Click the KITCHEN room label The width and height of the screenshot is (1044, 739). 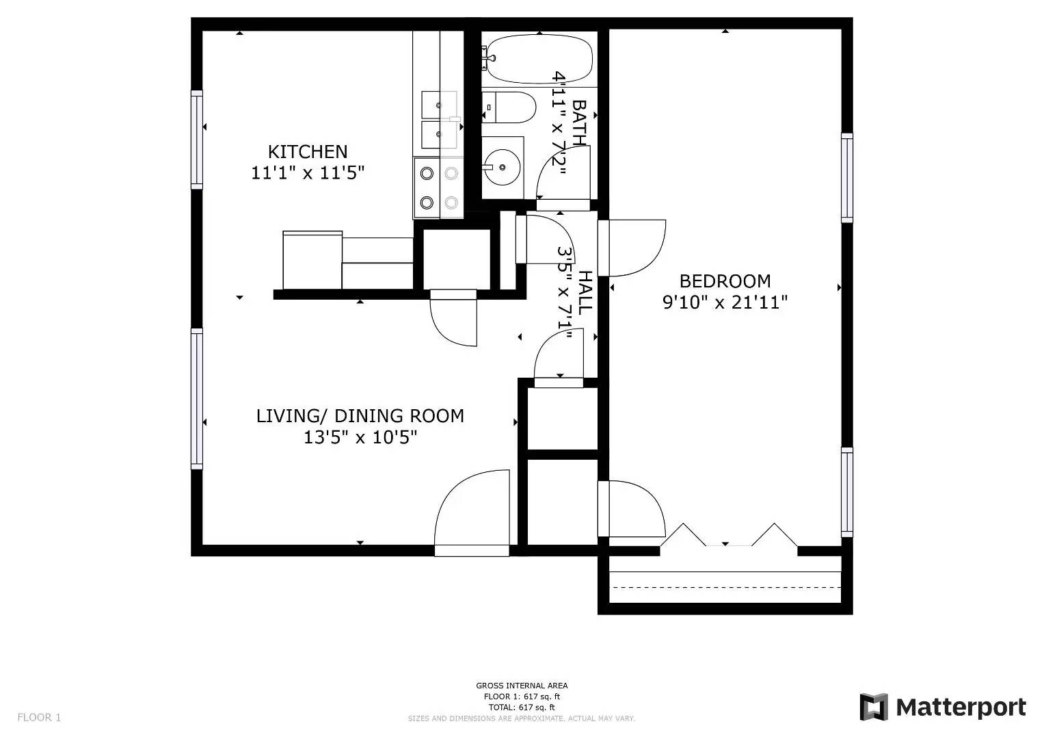[x=307, y=151]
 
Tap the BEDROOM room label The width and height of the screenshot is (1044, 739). [x=725, y=281]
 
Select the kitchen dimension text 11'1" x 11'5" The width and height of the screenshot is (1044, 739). [x=307, y=172]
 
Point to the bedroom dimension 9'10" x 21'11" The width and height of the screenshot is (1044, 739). [x=725, y=302]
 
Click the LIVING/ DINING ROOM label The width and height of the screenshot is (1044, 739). [x=360, y=415]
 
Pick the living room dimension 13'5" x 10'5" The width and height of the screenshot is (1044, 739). [x=360, y=437]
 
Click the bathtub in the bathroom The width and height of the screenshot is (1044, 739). [x=538, y=58]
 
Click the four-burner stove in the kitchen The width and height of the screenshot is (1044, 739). [x=438, y=188]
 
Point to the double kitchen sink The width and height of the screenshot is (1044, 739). [x=438, y=120]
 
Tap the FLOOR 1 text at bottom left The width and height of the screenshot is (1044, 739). [x=39, y=717]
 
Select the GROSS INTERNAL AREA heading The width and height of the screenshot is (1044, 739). [x=522, y=686]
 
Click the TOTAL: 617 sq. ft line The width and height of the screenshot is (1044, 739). [x=522, y=708]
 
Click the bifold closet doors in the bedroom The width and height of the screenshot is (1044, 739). [x=728, y=536]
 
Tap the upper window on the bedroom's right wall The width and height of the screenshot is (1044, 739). [x=847, y=178]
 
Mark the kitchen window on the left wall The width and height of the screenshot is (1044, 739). [x=197, y=140]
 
